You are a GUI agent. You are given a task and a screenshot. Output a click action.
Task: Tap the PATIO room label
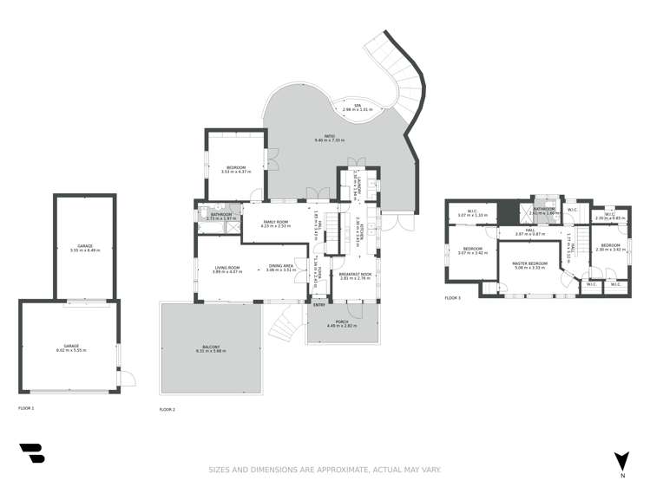point(330,136)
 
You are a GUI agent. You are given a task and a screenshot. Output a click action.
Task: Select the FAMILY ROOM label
point(277,222)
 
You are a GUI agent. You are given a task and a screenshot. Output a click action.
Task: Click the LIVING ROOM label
point(227,266)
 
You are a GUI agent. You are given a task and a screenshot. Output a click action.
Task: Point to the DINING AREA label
point(281,266)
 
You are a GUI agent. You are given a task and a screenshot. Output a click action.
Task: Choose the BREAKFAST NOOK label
point(356,274)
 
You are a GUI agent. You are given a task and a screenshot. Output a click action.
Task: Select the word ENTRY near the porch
point(319,304)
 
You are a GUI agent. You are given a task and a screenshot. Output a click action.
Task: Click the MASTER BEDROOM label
point(529,263)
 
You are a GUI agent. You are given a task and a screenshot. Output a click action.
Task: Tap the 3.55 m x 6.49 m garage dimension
point(85,250)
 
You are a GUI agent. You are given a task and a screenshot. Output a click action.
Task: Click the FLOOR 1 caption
point(26,407)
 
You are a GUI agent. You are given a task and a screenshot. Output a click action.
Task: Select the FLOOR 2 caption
point(167,409)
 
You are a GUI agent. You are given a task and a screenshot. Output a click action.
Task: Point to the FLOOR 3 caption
point(453,297)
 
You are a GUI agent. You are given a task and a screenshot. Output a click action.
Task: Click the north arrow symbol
point(621,460)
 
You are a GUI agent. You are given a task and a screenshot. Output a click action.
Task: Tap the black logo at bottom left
point(31,453)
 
